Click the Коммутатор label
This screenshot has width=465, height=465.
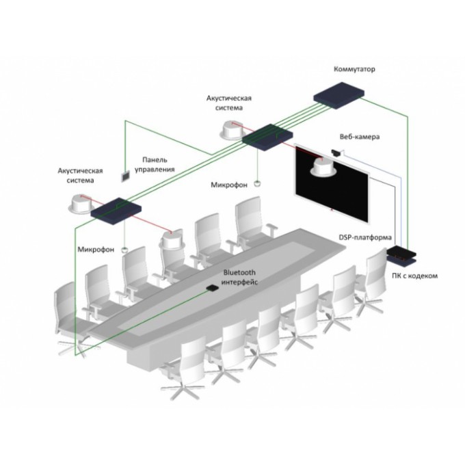click(x=354, y=70)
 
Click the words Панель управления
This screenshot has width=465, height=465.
click(x=155, y=163)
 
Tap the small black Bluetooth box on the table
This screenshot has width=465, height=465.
click(x=213, y=289)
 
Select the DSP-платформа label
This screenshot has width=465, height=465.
click(x=365, y=237)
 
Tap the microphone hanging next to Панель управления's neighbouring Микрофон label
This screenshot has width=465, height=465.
click(x=258, y=183)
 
